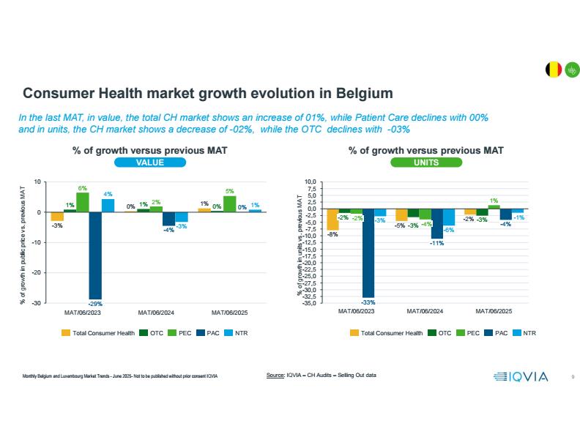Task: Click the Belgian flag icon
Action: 554,70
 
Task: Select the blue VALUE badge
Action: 149,163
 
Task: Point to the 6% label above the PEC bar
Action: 83,187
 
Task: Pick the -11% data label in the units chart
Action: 437,243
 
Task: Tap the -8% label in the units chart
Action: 332,234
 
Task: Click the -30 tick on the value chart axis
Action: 35,302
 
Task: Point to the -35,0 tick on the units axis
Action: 311,302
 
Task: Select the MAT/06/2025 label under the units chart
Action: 494,311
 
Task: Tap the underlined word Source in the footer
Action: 275,376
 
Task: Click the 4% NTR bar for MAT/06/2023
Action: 108,206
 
